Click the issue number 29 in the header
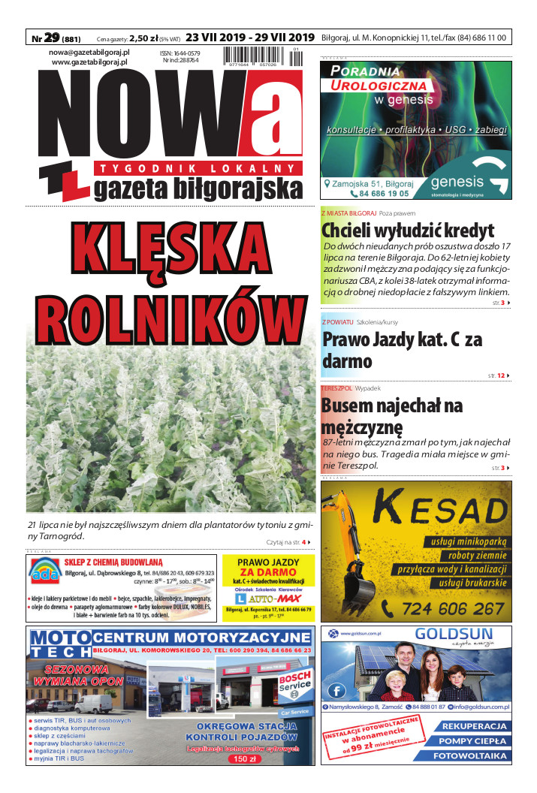pyautogui.click(x=52, y=38)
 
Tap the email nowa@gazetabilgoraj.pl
pyautogui.click(x=89, y=52)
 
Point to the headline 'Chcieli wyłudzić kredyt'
pyautogui.click(x=408, y=230)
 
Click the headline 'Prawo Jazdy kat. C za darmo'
pyautogui.click(x=402, y=350)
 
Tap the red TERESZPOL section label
pyautogui.click(x=336, y=388)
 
